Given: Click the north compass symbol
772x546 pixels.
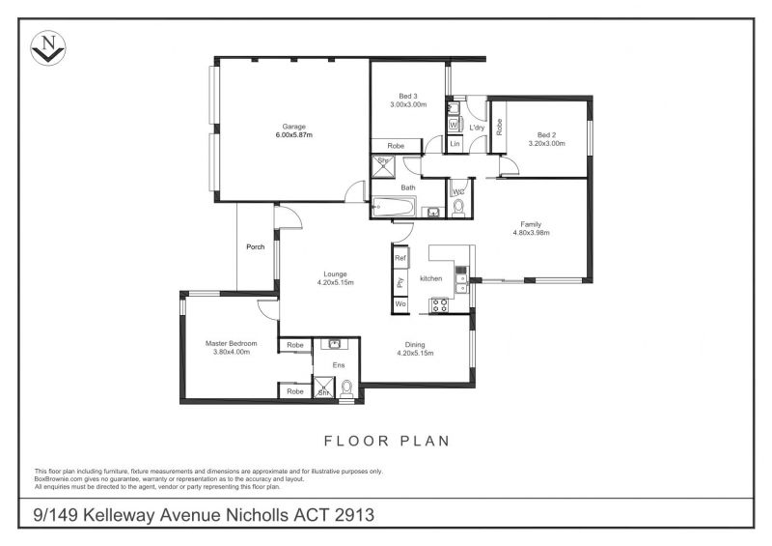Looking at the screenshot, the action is coord(47,48).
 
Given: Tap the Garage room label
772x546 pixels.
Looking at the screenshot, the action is coord(294,127).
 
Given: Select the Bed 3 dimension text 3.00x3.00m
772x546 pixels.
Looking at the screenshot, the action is coord(408,104).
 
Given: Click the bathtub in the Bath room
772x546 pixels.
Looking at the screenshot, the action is coord(394,207).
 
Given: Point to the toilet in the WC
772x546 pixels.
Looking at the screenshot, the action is coord(458,209).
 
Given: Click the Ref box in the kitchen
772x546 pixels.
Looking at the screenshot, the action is coord(400,258).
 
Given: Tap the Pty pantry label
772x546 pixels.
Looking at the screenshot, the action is coord(400,282).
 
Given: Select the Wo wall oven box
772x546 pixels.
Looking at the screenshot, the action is coord(400,303).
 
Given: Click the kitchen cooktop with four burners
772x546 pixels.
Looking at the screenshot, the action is coord(439,305).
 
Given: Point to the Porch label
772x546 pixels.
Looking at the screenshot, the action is coord(256,246).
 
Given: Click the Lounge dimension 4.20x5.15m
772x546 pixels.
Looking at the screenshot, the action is coord(335,282).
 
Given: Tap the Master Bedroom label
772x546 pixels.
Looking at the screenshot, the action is coord(231,343).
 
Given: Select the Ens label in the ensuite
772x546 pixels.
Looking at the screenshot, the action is coord(339,365).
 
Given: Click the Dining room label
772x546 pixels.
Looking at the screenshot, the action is coord(415,345).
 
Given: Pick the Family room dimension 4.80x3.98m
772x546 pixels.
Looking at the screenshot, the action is coord(532,233).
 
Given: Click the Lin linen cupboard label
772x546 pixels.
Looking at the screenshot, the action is coord(455,144).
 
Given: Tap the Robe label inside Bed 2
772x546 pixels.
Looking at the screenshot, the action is coord(499,128).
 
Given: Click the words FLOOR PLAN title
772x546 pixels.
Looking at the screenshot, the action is coord(387,441).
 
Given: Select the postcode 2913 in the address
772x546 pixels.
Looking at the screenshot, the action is coord(354,515).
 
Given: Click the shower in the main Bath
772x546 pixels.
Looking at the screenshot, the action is coord(383,165).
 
